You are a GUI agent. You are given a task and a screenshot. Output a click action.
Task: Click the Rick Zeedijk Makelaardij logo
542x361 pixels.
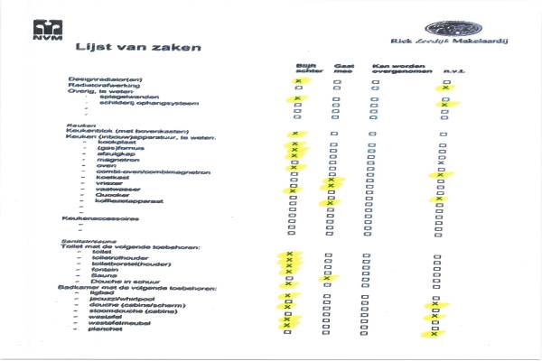[446, 32]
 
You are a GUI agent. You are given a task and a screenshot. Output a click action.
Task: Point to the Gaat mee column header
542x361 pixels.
[344, 69]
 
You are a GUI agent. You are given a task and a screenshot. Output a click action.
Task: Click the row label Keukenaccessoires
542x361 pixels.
[100, 218]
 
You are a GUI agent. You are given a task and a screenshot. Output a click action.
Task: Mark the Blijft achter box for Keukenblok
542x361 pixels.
[296, 134]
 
